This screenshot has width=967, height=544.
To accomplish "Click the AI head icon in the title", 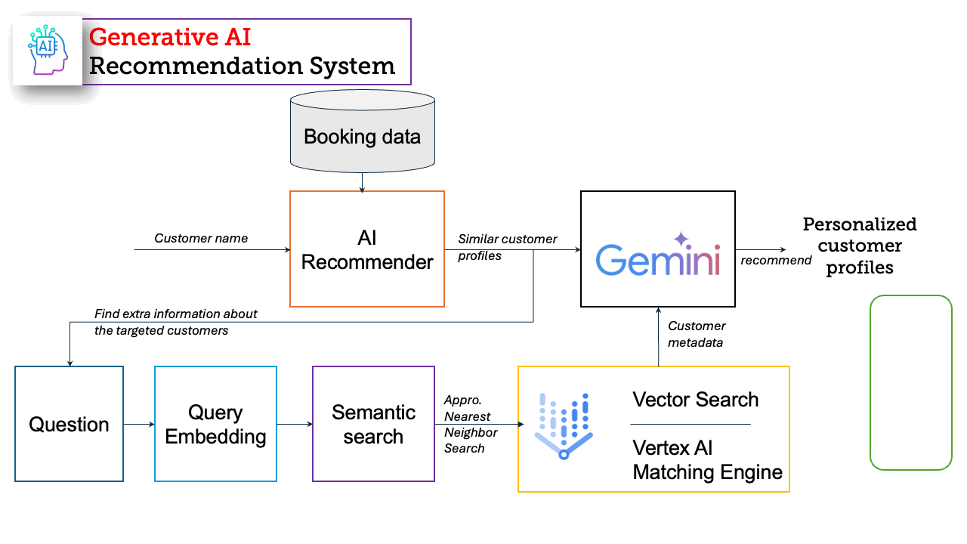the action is click(x=48, y=50).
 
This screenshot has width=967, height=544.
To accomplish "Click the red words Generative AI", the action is click(x=170, y=37).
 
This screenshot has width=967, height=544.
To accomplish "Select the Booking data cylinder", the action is click(x=362, y=131).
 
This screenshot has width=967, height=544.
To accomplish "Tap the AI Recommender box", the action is click(x=367, y=249).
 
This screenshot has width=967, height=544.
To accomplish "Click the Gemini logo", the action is click(x=658, y=255).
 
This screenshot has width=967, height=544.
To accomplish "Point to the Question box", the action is click(x=69, y=424).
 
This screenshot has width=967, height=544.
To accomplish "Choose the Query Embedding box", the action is click(x=215, y=424).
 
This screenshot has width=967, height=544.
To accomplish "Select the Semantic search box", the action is click(x=373, y=424).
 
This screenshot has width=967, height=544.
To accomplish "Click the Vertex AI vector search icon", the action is click(x=564, y=426).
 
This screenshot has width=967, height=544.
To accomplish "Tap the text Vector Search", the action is click(x=696, y=400).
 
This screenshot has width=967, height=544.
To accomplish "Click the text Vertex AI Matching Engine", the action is click(x=708, y=460).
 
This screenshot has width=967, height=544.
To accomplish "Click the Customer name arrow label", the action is click(x=201, y=238).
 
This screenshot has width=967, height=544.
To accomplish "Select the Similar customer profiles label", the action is click(x=507, y=247).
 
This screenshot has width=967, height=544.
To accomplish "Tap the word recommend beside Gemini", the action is click(x=776, y=261).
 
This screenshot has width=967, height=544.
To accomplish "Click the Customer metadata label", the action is click(x=697, y=334).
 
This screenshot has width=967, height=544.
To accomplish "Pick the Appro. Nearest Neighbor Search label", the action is click(x=471, y=424).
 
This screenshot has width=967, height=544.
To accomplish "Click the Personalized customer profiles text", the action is click(x=860, y=246).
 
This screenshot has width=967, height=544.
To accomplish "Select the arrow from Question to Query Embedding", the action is click(x=139, y=424).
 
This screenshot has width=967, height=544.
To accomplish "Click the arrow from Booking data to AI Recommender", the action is click(x=362, y=182).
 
